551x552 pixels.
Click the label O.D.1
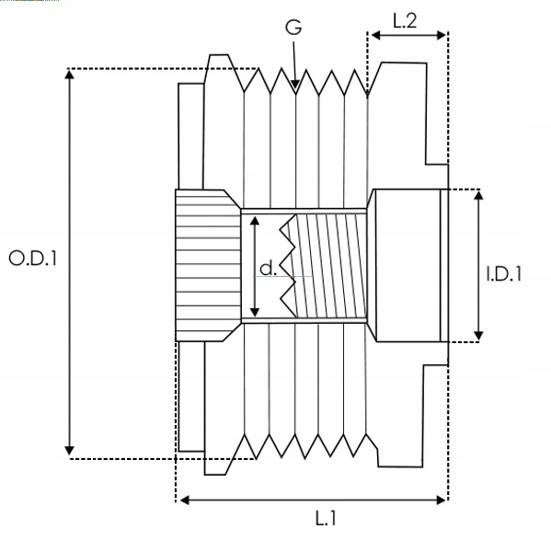pyautogui.click(x=33, y=259)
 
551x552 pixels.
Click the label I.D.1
pyautogui.click(x=503, y=272)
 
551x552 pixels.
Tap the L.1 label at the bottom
pyautogui.click(x=325, y=520)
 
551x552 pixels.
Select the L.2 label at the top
pyautogui.click(x=406, y=19)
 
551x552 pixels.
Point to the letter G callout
pyautogui.click(x=293, y=28)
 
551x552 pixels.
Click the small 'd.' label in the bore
pyautogui.click(x=267, y=269)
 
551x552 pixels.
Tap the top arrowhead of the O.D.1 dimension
pyautogui.click(x=69, y=74)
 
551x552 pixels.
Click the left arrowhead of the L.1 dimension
pyautogui.click(x=181, y=500)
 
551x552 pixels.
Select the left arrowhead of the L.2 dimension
pyautogui.click(x=373, y=36)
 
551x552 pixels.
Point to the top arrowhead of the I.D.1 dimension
pyautogui.click(x=478, y=195)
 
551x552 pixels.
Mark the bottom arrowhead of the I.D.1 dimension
pyautogui.click(x=478, y=336)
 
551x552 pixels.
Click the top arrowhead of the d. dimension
pyautogui.click(x=254, y=219)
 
